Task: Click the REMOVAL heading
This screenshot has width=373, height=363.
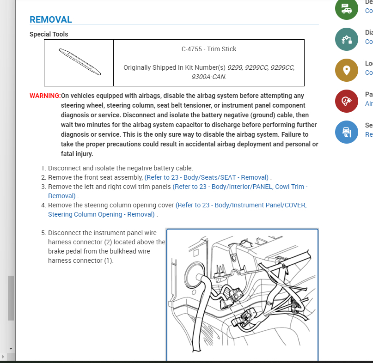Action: [51, 19]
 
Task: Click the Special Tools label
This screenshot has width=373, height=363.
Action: [49, 34]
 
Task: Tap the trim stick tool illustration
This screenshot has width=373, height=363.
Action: [79, 62]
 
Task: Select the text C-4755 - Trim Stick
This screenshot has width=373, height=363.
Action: [208, 49]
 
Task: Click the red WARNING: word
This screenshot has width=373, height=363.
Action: [45, 96]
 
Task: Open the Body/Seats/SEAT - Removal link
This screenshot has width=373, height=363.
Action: [207, 177]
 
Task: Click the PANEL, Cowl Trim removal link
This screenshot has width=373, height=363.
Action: [240, 187]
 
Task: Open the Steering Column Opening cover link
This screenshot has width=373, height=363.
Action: [241, 205]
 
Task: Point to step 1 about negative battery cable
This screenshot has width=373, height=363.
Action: [120, 168]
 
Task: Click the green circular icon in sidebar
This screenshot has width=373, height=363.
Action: [346, 8]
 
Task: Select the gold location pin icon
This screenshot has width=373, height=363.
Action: [346, 70]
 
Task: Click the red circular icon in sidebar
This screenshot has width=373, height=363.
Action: [346, 101]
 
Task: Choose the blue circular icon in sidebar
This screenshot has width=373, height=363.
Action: [346, 132]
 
